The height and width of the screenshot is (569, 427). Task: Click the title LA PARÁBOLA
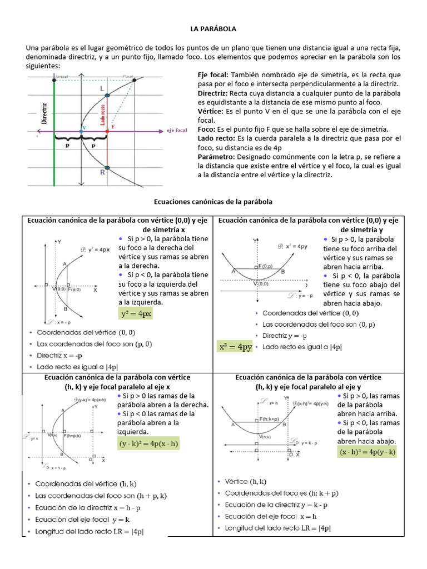pyautogui.click(x=213, y=28)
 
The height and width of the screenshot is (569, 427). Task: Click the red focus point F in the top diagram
pyautogui.click(x=107, y=132)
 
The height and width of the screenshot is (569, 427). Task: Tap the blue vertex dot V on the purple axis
pyautogui.click(x=81, y=132)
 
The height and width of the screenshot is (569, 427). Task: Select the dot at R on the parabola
pyautogui.click(x=107, y=167)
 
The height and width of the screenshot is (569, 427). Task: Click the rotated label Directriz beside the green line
pyautogui.click(x=43, y=112)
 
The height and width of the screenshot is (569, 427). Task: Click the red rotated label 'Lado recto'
pyautogui.click(x=103, y=112)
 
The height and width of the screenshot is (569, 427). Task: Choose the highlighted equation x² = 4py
pyautogui.click(x=235, y=347)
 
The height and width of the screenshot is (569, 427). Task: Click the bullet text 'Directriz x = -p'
pyautogui.click(x=59, y=355)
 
